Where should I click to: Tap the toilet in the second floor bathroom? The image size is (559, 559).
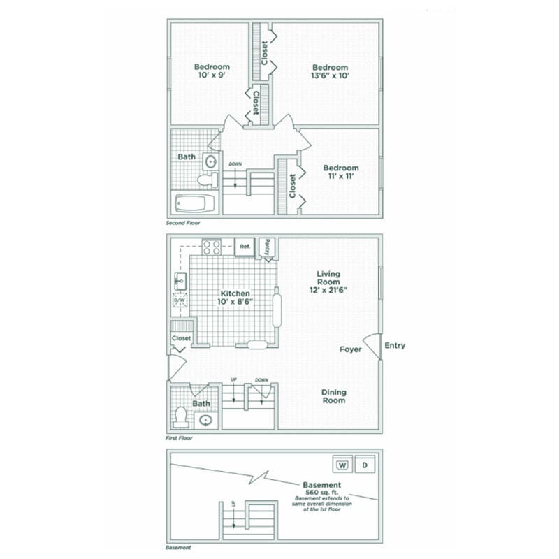(208, 180)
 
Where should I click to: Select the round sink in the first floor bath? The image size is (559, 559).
(206, 420)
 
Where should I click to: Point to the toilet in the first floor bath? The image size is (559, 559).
(182, 416)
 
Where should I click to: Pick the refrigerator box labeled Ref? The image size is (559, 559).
(245, 247)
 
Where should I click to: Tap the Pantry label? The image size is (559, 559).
(268, 246)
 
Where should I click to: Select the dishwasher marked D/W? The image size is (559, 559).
(180, 301)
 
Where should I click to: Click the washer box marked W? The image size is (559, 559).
(342, 465)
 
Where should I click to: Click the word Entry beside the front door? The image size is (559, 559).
(394, 345)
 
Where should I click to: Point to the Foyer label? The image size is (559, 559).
(351, 349)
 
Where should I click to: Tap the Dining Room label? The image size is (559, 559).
(334, 396)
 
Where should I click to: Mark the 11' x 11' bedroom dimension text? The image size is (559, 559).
(340, 177)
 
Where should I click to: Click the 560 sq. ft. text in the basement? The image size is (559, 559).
(321, 492)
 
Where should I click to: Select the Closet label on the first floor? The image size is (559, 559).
(182, 338)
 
